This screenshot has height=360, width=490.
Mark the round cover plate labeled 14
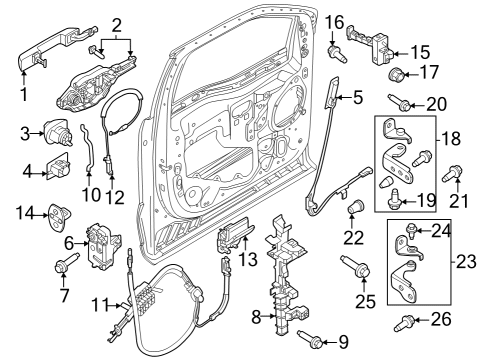click(x=60, y=213)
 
